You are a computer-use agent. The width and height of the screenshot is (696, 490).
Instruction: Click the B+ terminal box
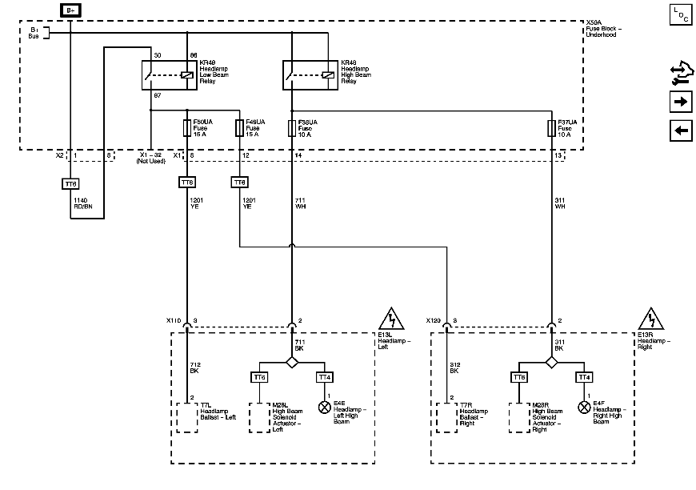[70, 10]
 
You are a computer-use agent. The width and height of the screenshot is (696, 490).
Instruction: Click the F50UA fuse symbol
[187, 127]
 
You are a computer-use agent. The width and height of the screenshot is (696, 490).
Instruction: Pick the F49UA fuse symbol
[239, 127]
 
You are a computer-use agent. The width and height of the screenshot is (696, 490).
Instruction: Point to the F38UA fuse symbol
[291, 127]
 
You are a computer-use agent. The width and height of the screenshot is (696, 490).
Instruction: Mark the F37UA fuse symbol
[551, 127]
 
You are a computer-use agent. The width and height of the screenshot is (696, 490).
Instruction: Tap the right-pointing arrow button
[680, 102]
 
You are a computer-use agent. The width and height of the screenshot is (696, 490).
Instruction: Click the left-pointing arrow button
[680, 131]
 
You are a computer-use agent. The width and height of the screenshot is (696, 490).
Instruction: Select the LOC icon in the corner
[679, 14]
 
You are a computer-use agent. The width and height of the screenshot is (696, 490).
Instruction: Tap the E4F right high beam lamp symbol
[584, 406]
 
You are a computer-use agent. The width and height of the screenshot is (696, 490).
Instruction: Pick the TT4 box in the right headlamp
[584, 376]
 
